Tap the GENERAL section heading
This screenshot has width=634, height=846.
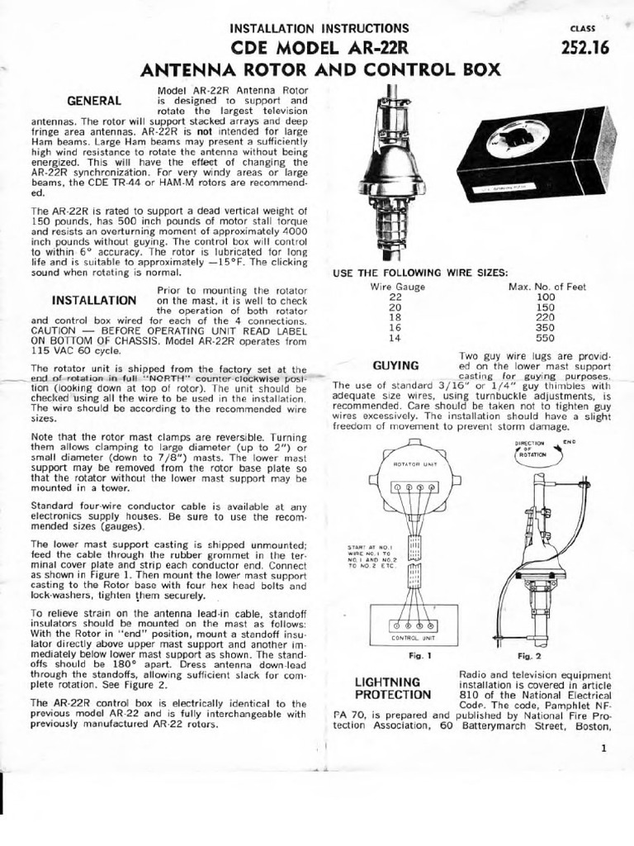[x=94, y=101]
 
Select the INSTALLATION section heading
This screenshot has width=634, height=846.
[x=94, y=300]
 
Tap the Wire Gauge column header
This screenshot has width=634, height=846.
[x=397, y=287]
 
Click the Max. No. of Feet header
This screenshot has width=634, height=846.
[x=546, y=287]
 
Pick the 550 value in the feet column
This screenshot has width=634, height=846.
[x=546, y=338]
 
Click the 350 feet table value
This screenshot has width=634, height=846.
[x=546, y=327]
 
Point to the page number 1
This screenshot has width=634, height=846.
[x=604, y=749]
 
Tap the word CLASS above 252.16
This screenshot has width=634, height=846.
[x=583, y=28]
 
